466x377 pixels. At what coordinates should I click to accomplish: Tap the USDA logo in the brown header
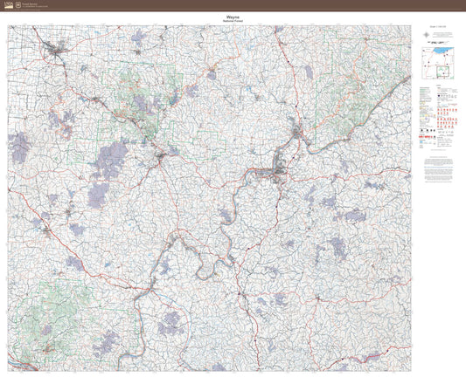point(9,5)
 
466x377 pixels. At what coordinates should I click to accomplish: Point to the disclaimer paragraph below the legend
point(439,168)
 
